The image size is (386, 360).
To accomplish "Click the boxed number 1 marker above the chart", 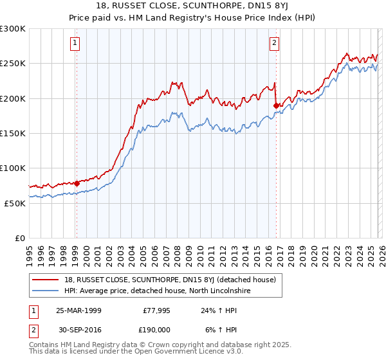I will tap(76, 43).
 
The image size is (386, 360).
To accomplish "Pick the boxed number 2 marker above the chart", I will tap(275, 43).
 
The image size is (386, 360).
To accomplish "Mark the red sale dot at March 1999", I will tap(77, 183).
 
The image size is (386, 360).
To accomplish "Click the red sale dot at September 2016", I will tap(277, 105).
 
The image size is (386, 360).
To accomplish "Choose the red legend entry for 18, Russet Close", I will tap(170, 280).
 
